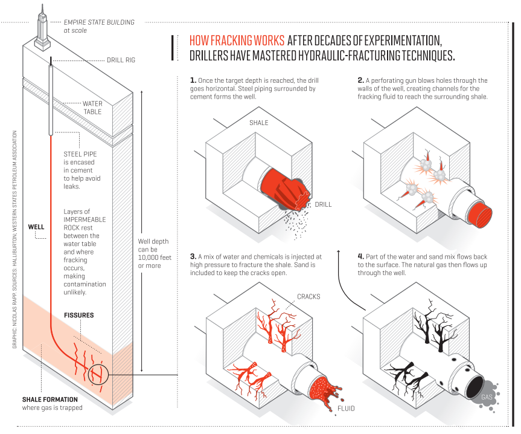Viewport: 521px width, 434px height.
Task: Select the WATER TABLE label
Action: click(92, 108)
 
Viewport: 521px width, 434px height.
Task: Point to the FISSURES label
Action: click(79, 316)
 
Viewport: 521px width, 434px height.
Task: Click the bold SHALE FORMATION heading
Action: click(50, 400)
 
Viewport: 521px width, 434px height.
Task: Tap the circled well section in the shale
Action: click(97, 375)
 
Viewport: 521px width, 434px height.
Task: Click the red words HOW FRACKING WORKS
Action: click(237, 41)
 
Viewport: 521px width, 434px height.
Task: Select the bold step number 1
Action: click(193, 80)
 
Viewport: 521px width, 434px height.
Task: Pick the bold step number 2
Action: click(360, 80)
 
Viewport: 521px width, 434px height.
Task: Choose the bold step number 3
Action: click(193, 257)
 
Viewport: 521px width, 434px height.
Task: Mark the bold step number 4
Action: click(360, 257)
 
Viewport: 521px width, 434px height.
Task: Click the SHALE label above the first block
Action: click(259, 123)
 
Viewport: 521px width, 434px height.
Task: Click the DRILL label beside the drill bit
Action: click(324, 204)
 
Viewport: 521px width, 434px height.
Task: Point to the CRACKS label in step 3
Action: click(308, 297)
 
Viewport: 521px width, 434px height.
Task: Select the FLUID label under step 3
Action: click(347, 409)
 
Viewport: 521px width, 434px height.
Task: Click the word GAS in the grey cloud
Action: click(487, 397)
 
